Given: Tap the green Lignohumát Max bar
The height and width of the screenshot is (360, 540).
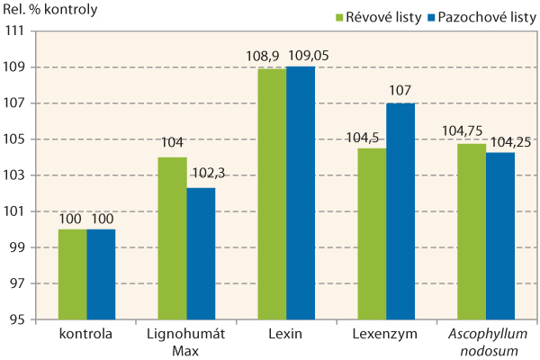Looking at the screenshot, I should [x=172, y=238].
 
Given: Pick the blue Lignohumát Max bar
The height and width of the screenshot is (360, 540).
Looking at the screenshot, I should [x=201, y=254].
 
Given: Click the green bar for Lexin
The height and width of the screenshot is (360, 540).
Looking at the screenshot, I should [x=272, y=194].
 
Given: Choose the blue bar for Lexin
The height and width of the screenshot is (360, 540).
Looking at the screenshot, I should [x=301, y=193].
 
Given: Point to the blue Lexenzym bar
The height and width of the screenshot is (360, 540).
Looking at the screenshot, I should [x=400, y=211].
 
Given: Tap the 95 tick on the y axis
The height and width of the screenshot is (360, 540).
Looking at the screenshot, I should [x=17, y=319].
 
